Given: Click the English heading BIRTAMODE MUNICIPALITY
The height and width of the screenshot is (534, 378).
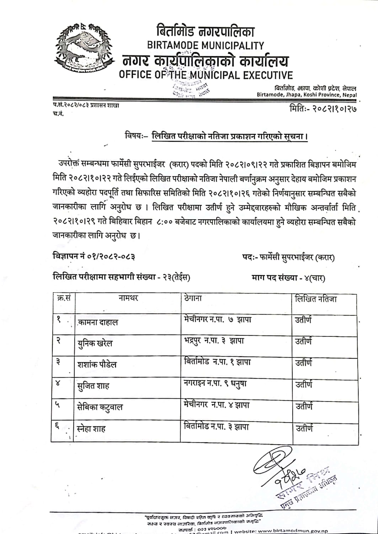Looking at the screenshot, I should click(x=206, y=46).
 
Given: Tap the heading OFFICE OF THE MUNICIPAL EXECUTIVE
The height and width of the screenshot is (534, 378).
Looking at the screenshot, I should click(x=206, y=75).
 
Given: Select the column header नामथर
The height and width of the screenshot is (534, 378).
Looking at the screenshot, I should click(x=128, y=298).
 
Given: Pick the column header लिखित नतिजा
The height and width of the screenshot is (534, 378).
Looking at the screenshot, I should click(x=316, y=299).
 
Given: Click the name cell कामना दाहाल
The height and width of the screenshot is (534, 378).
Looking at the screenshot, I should click(x=97, y=323).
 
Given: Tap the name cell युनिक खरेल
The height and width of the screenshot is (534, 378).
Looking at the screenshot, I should click(x=95, y=344).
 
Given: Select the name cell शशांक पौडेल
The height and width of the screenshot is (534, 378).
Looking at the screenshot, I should click(x=97, y=365).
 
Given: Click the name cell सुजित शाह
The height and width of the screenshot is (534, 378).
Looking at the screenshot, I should click(x=93, y=386).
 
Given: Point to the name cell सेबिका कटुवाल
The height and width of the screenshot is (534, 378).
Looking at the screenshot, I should click(x=100, y=407).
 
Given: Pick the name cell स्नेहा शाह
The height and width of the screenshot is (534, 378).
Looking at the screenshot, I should click(x=91, y=429).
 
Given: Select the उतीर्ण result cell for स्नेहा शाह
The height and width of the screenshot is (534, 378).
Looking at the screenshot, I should click(x=304, y=428).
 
